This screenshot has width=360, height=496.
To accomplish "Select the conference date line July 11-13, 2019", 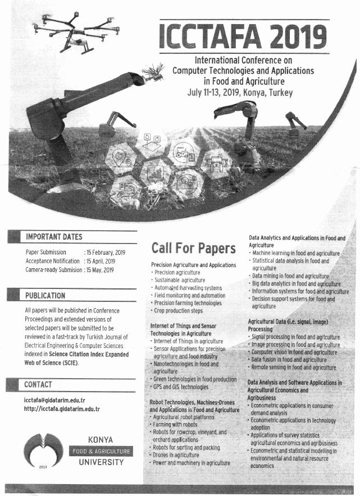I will click(x=240, y=92).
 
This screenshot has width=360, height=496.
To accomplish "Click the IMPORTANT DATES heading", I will click(x=54, y=237).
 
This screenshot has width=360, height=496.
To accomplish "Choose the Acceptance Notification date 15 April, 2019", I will click(x=100, y=261).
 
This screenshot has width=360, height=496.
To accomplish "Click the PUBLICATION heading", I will click(x=45, y=296).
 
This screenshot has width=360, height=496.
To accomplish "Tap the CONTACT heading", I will click(x=38, y=384).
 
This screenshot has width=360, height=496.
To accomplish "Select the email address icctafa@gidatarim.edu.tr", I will click(x=54, y=400).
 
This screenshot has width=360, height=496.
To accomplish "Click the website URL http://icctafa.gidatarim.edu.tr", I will click(x=62, y=409).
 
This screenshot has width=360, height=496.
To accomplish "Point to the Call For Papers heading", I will click(x=193, y=247).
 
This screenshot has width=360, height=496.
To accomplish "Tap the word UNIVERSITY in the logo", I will click(x=101, y=462).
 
